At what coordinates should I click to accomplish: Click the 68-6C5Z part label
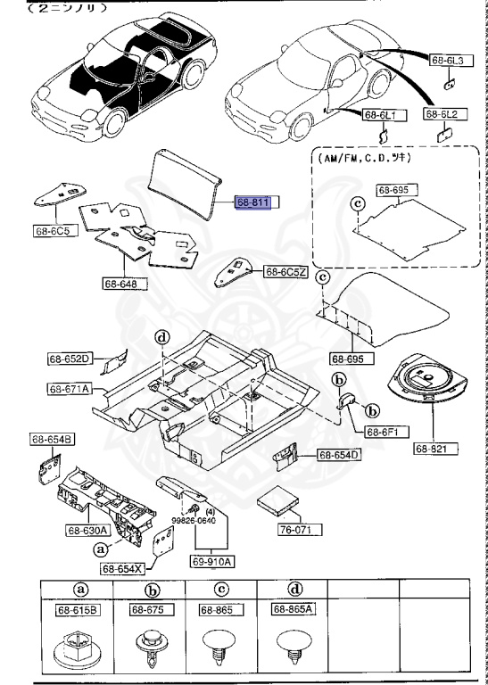point(285,271)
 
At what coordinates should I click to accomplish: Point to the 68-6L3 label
point(448,61)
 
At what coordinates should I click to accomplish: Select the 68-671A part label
point(70,389)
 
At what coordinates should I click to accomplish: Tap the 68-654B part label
point(54,439)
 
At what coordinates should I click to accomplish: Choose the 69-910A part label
point(211,561)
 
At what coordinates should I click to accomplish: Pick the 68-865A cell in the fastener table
point(291,609)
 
